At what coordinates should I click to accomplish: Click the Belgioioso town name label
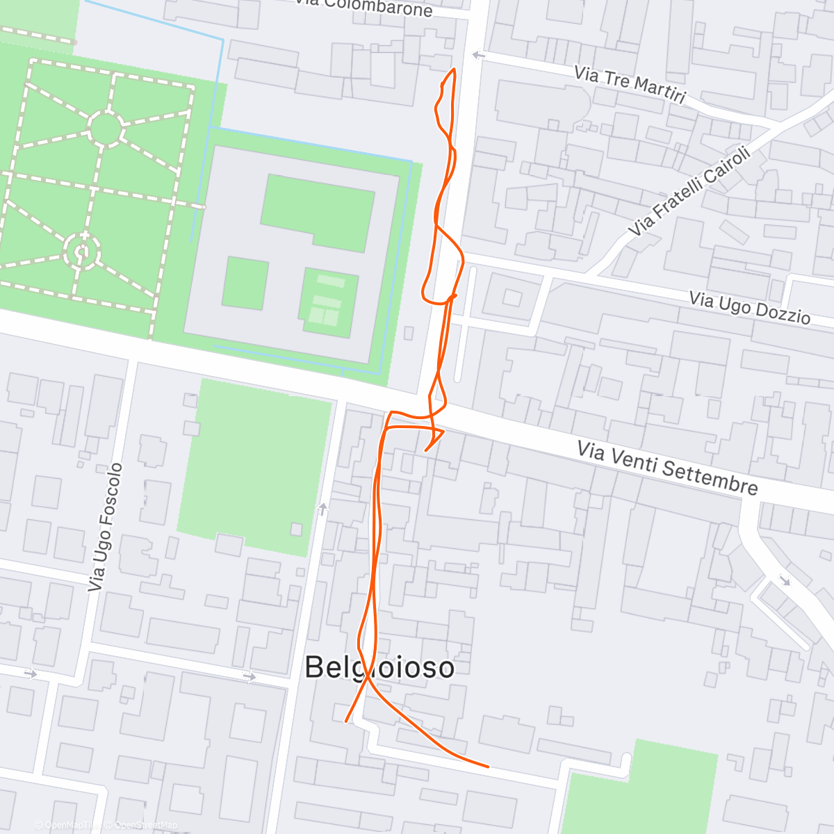pos(379,668)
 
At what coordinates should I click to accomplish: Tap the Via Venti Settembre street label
pos(667,468)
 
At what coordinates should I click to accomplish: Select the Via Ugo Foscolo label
pos(106,528)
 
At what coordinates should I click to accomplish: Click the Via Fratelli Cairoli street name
pos(689,190)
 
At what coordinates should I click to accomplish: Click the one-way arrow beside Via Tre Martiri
pos(477,55)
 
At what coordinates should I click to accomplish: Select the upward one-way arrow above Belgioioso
pos(322,509)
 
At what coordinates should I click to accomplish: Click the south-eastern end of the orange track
pos(488,767)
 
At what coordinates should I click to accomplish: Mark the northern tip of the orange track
pos(454,69)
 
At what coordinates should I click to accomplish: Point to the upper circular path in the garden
pos(106,129)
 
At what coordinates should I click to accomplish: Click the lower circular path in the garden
pos(82,250)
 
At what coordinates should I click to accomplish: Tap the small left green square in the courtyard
pos(245,283)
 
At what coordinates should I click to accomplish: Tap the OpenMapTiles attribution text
pos(69,826)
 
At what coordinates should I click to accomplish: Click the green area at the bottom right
pos(639,792)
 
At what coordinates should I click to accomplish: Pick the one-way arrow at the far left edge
pos(30,673)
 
